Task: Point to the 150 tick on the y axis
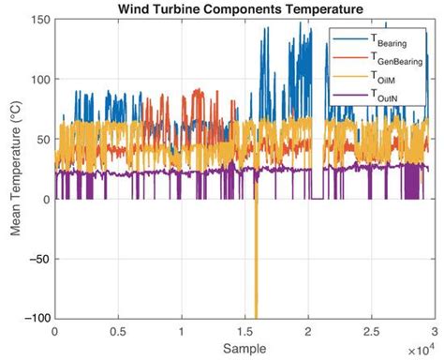click(x=38, y=19)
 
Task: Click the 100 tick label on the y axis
click(x=38, y=79)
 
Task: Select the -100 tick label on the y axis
click(x=36, y=319)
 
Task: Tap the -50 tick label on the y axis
click(x=38, y=259)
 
